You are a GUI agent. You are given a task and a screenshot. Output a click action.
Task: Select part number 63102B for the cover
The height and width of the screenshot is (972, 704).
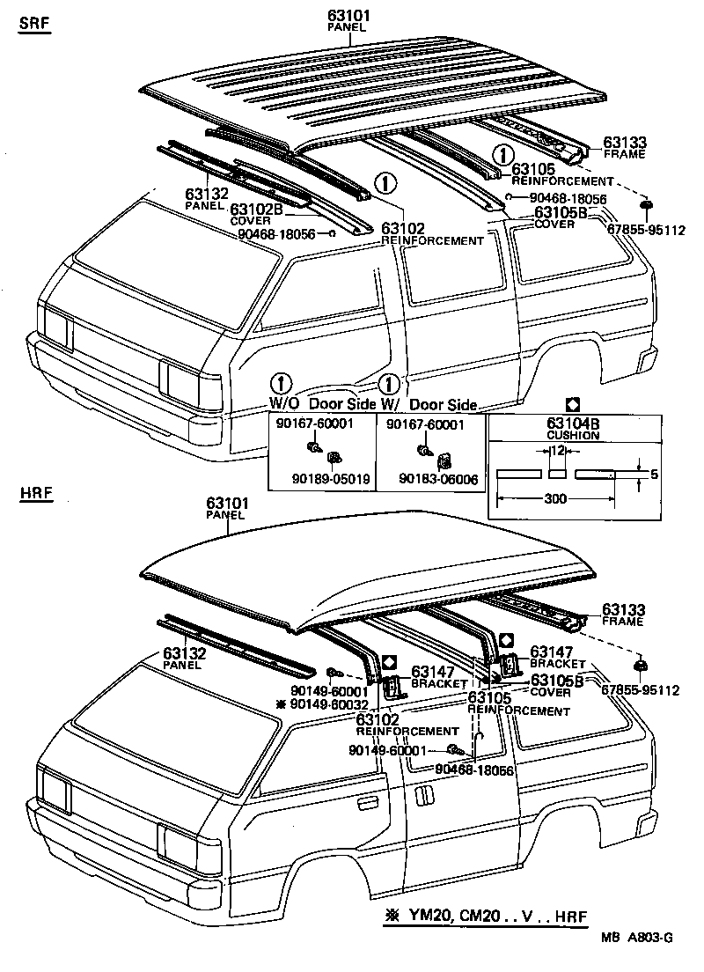pyautogui.click(x=257, y=210)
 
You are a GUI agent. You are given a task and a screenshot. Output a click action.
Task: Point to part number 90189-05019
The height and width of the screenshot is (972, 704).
pyautogui.click(x=331, y=480)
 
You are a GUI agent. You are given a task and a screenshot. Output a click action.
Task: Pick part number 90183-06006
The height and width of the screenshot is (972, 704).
pyautogui.click(x=438, y=480)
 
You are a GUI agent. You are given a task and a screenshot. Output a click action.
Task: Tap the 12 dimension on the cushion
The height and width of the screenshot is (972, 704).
pyautogui.click(x=556, y=451)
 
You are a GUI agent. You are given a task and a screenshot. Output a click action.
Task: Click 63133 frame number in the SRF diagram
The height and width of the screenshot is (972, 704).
pyautogui.click(x=624, y=143)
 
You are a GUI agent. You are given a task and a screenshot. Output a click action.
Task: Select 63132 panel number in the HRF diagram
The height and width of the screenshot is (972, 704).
pyautogui.click(x=184, y=653)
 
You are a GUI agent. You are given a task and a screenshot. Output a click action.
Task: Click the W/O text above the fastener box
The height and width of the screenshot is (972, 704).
pyautogui.click(x=284, y=404)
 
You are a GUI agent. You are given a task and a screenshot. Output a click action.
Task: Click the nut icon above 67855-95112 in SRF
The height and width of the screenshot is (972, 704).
pyautogui.click(x=646, y=205)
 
